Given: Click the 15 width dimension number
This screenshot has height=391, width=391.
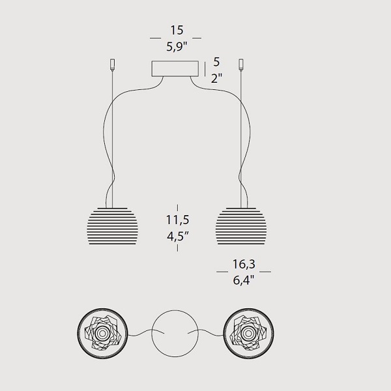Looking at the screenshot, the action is (177, 30).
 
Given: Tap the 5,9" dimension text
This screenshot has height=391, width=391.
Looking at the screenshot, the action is (177, 46).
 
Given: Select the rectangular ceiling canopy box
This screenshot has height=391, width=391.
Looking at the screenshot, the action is (175, 68).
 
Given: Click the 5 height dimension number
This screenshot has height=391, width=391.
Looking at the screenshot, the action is (216, 62).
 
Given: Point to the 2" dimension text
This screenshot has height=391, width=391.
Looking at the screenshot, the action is (216, 78).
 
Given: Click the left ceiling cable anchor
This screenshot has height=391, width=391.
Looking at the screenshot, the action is (113, 65).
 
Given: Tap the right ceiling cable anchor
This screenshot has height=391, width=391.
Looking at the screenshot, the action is (241, 65).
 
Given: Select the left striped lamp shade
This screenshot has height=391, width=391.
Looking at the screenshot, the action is (113, 225).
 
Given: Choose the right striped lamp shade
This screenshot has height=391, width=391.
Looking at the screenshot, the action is (241, 225).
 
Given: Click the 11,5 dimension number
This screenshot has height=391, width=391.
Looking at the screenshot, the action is (177, 220).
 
